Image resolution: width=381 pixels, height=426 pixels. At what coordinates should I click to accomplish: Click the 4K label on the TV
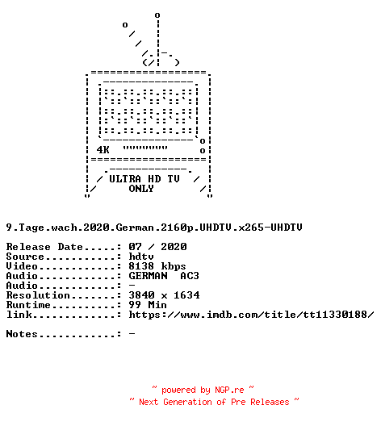(103, 150)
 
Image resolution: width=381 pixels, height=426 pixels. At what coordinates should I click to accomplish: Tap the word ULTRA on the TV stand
(125, 179)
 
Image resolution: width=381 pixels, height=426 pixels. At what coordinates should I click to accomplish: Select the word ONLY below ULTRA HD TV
(141, 189)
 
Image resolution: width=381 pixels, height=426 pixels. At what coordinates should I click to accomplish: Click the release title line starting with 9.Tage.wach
(154, 228)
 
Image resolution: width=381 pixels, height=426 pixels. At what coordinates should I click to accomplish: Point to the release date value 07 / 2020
(157, 247)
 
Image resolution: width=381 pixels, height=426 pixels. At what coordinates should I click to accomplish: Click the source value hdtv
(141, 257)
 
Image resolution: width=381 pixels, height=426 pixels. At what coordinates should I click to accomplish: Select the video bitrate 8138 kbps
(157, 266)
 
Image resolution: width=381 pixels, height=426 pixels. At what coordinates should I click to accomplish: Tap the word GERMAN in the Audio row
(148, 276)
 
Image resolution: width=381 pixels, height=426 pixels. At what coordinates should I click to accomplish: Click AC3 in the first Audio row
(190, 276)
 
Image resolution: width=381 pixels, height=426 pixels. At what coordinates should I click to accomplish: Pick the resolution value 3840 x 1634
(164, 295)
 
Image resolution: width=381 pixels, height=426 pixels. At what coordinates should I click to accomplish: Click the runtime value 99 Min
(148, 305)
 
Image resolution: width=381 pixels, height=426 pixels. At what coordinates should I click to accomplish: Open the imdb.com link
(251, 315)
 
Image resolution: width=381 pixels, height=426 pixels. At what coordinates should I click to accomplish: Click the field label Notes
(22, 334)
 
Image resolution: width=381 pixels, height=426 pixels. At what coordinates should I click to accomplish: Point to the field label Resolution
(38, 295)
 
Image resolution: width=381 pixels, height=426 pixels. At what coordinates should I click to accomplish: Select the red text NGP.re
(229, 390)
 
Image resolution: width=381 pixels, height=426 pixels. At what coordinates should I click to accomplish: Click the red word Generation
(187, 402)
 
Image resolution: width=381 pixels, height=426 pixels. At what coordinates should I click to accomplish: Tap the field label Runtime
(28, 305)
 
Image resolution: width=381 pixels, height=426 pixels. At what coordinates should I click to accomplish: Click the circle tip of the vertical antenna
(157, 15)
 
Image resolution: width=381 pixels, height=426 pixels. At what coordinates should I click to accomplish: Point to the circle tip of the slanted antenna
(125, 25)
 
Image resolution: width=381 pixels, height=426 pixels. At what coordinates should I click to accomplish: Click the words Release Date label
(44, 247)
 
